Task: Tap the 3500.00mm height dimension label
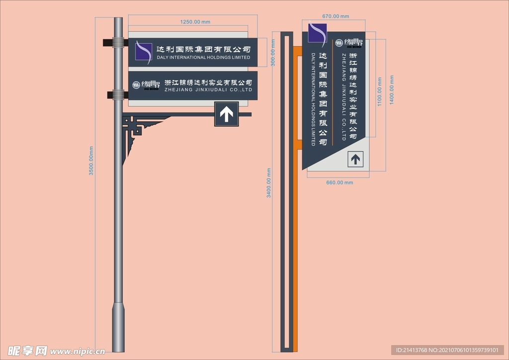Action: click(91, 160)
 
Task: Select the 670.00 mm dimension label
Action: click(336, 16)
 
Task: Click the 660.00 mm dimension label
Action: click(339, 182)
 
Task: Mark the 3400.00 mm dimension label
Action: click(269, 183)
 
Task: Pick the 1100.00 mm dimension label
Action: click(380, 90)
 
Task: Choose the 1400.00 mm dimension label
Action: click(392, 90)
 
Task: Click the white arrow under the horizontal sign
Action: click(227, 114)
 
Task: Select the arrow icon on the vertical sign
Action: click(355, 159)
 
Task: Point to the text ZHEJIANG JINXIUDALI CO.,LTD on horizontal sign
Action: click(208, 90)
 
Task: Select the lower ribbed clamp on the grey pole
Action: click(118, 94)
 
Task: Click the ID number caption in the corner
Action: click(447, 350)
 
